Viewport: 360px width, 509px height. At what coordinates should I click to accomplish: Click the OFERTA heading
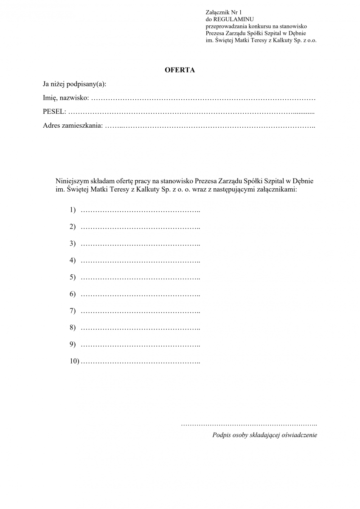coord(180,70)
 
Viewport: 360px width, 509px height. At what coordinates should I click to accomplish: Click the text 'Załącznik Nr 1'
coord(223,13)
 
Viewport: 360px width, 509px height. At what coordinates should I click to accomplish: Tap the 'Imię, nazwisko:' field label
coord(66,98)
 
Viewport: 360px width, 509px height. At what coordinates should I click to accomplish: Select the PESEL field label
coord(54,112)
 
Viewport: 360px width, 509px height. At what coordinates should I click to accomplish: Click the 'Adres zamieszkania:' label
coord(73,126)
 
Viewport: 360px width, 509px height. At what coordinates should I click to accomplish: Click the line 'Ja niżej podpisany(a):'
coord(74,84)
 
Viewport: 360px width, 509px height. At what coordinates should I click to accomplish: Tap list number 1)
coord(73,210)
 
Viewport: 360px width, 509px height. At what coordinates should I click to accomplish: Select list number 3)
coord(73,243)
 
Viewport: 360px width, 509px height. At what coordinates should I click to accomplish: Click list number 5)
coord(73,277)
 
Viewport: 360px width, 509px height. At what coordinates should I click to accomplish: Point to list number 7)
coord(73,311)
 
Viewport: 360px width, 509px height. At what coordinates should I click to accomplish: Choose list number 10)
coord(74,361)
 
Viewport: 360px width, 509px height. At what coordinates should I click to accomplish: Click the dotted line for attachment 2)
coord(140,227)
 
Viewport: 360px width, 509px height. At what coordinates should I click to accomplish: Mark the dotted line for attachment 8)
coord(140,328)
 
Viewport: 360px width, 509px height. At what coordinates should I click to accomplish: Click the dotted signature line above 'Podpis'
coord(249,424)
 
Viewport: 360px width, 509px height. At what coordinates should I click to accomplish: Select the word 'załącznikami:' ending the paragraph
coord(278,190)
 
